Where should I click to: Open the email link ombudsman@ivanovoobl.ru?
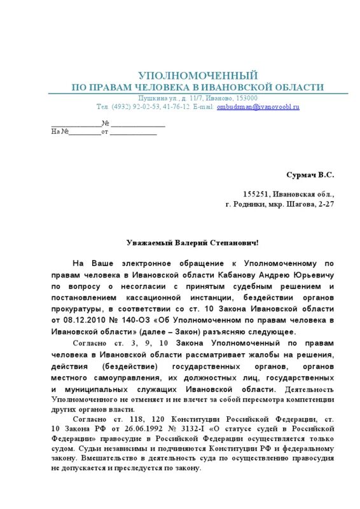point(258,107)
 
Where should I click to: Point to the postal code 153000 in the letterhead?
point(244,98)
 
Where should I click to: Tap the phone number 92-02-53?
point(146,107)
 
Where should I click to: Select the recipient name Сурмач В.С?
point(310,174)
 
